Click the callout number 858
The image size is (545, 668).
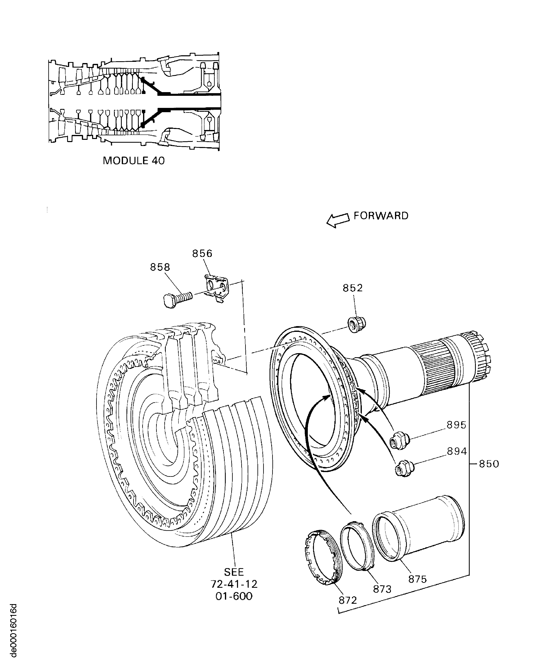click(x=160, y=267)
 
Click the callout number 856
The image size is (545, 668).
click(x=202, y=253)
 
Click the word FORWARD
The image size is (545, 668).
click(x=381, y=216)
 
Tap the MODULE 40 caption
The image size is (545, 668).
click(x=134, y=161)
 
